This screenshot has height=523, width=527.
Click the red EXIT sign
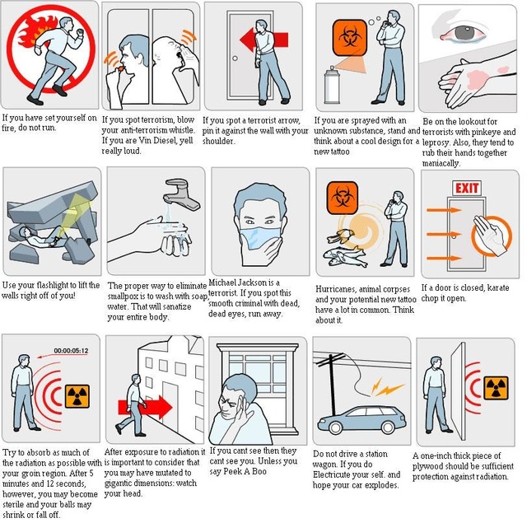[467, 188]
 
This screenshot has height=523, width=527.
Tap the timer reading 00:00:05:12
[71, 351]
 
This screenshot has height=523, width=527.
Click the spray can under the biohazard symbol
[332, 85]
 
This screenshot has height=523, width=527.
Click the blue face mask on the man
[260, 238]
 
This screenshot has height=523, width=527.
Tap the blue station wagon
[361, 419]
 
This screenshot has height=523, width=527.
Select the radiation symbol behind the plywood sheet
[496, 388]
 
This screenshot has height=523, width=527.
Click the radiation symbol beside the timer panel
[77, 396]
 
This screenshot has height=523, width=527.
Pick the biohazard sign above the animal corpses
[343, 198]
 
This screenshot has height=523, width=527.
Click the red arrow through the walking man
[145, 407]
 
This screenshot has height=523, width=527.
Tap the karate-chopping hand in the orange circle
[489, 233]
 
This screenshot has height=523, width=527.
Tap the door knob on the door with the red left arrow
[235, 58]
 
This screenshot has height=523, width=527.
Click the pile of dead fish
[345, 256]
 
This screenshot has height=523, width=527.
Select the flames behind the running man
[37, 31]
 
